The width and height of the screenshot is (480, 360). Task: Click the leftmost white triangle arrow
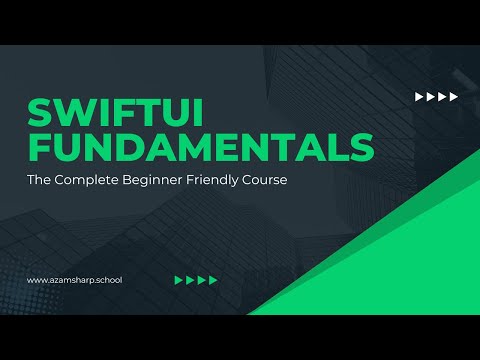click(419, 97)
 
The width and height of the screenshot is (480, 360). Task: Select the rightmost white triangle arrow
click(454, 97)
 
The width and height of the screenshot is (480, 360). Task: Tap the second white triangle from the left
click(431, 97)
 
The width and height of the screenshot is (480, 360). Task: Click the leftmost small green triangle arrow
click(179, 280)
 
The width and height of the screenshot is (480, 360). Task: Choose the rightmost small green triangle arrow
click(213, 280)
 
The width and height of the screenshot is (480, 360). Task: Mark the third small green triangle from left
click(202, 280)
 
